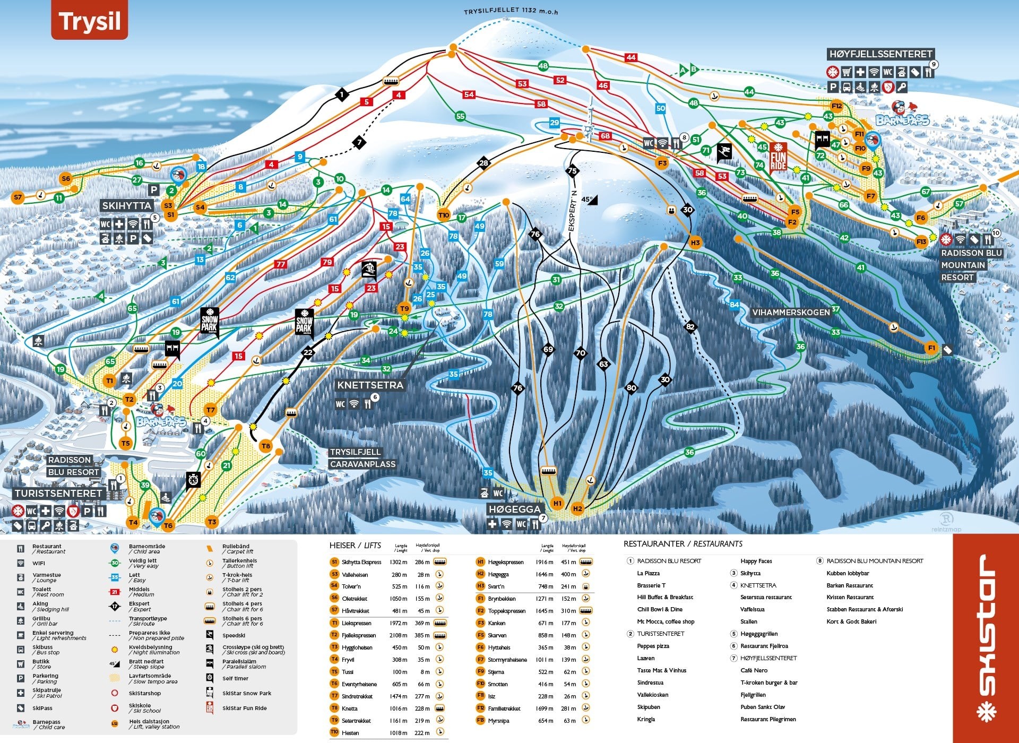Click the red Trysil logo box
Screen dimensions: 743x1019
89,21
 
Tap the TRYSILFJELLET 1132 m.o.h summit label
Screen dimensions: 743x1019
511,11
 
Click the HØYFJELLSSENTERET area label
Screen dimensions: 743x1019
880,54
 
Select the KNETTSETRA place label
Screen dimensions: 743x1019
370,385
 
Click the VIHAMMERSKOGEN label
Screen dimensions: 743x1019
790,313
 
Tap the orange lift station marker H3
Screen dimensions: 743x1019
695,243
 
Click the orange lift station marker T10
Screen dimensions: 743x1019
444,215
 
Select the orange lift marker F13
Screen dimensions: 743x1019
921,241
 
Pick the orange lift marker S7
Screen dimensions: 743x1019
18,197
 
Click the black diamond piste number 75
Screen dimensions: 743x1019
572,171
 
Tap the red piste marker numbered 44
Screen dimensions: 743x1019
631,57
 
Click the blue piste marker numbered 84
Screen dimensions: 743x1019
735,305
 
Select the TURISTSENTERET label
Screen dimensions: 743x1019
58,494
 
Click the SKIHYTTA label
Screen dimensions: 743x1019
127,205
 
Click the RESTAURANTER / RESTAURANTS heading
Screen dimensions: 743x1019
683,544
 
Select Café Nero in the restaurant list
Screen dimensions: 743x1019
754,670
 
